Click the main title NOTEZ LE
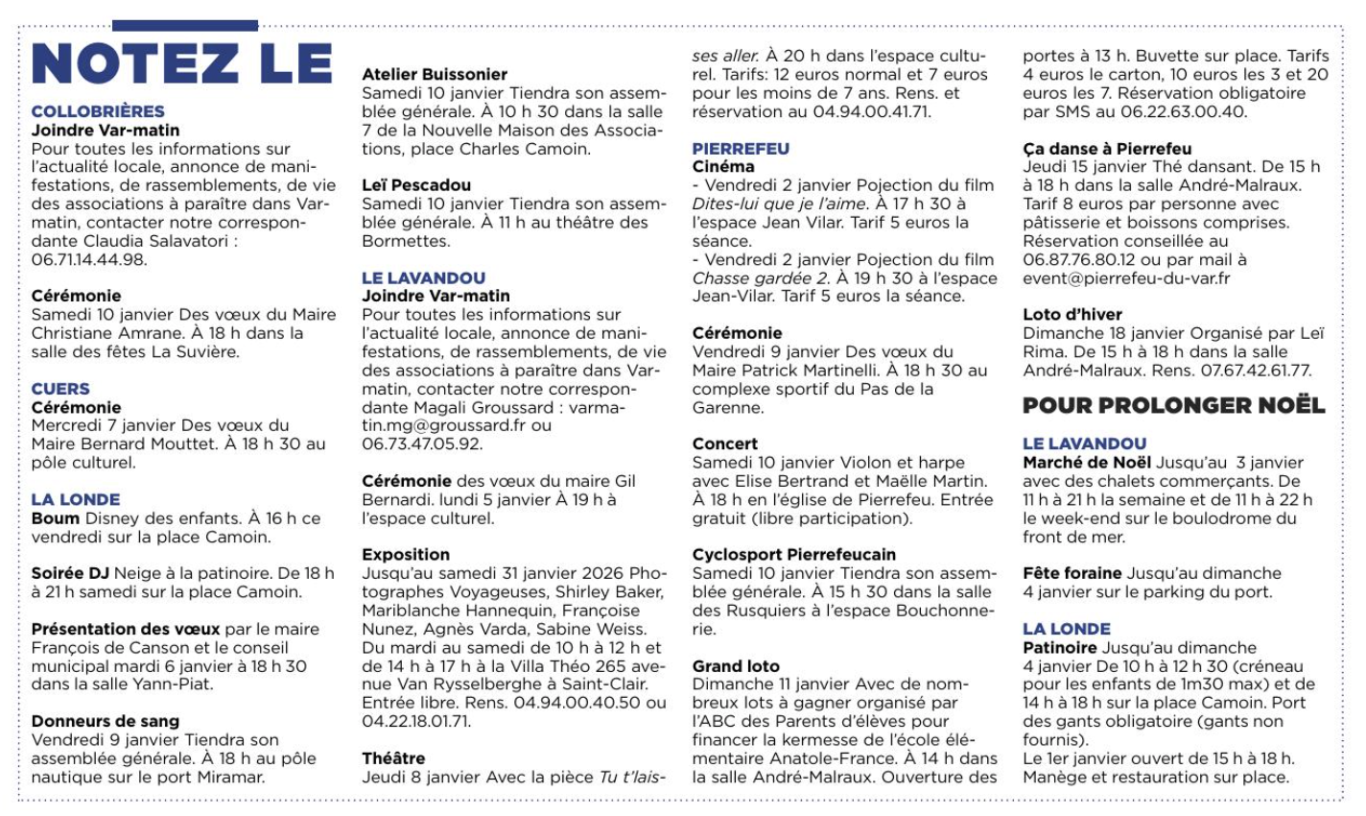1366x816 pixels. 182,63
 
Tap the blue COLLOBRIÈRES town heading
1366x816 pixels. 98,111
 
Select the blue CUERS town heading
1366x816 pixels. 60,389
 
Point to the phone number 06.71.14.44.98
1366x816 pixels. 89,259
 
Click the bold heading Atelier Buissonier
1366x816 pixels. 435,74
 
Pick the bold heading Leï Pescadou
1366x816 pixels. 416,185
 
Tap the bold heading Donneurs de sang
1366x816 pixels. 106,721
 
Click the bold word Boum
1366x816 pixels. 54,518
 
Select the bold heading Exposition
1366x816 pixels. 406,555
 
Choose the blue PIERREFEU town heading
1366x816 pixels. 741,149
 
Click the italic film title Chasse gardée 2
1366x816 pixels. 761,278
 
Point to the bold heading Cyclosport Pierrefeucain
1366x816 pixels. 794,555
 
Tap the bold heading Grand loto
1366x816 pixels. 736,666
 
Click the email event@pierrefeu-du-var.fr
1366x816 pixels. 1126,278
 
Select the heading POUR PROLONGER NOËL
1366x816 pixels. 1173,406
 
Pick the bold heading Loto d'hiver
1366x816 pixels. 1072,314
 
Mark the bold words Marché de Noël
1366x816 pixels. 1087,463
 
